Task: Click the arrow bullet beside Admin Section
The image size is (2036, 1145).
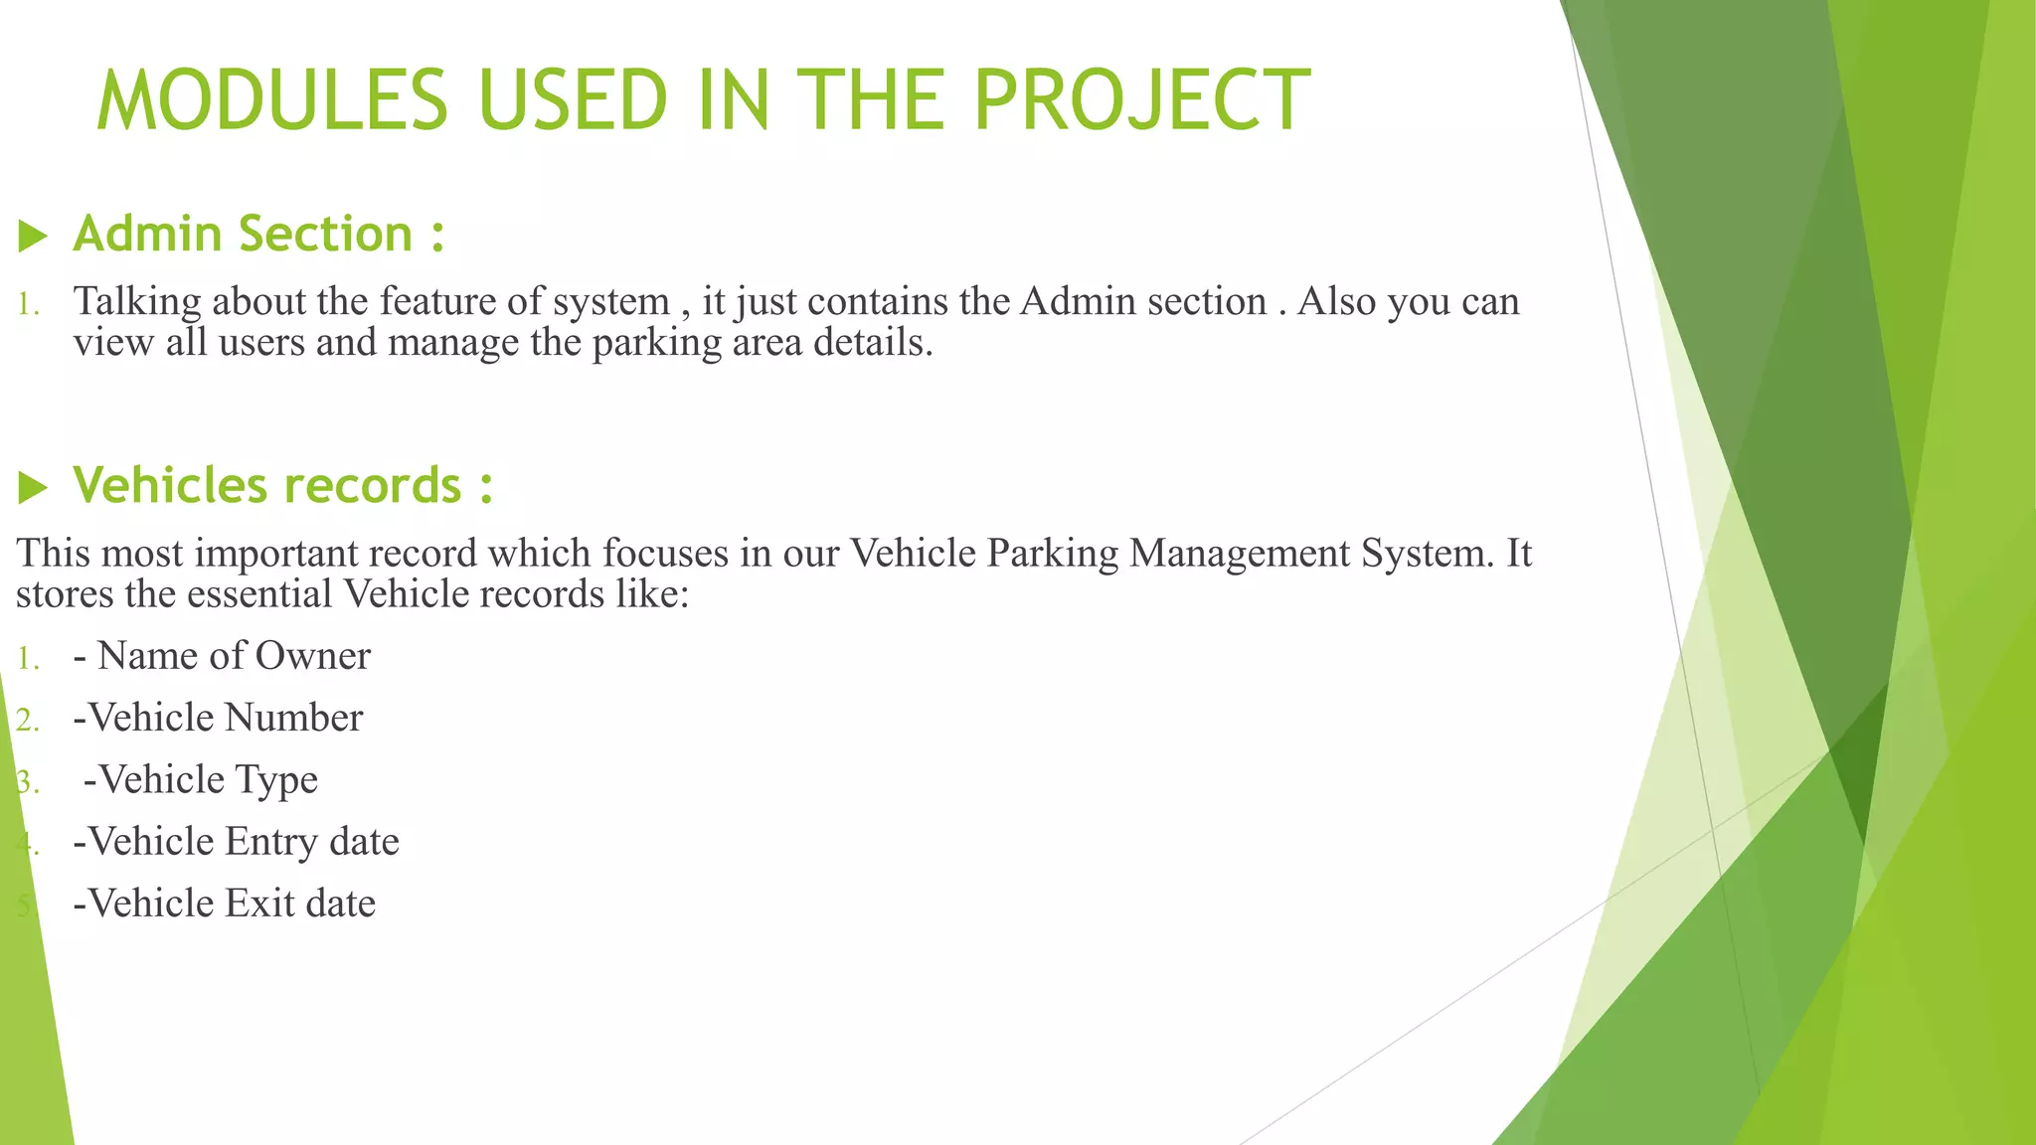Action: pyautogui.click(x=33, y=237)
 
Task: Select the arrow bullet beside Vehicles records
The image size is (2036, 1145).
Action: pyautogui.click(x=33, y=487)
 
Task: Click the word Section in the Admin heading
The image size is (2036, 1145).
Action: pyautogui.click(x=325, y=235)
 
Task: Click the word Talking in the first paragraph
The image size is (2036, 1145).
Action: pyautogui.click(x=137, y=302)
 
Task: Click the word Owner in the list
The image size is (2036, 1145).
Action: pyautogui.click(x=313, y=656)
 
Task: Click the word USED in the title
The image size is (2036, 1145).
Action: pyautogui.click(x=572, y=100)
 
